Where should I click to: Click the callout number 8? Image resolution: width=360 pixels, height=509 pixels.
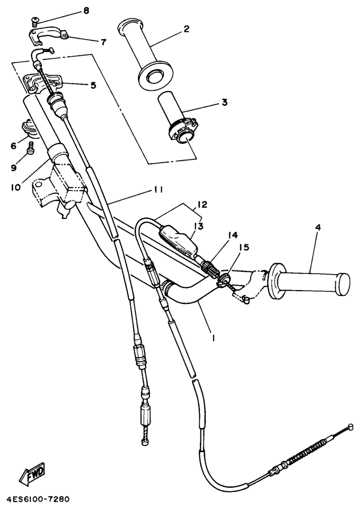coord(86,11)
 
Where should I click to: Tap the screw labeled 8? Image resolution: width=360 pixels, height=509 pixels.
coord(34,22)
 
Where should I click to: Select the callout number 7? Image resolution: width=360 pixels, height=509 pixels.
coord(103,42)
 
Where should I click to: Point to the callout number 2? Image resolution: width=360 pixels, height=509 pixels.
coord(186,29)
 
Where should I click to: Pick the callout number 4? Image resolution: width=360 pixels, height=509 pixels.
coord(318,227)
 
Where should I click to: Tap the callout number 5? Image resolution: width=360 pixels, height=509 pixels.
coord(93,85)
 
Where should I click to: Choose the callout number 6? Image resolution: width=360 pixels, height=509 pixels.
coord(13,146)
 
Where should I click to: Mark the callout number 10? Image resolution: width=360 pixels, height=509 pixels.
coord(15,187)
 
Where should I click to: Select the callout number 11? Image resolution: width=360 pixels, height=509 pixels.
coord(158,189)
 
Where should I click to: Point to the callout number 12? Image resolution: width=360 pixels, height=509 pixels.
coord(201,205)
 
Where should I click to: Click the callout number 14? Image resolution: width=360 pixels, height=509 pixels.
coord(232,234)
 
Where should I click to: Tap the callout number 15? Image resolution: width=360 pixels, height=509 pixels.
coord(244,248)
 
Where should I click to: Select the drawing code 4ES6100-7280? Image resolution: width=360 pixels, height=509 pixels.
coord(35,499)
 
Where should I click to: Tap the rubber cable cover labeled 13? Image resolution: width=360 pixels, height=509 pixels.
coord(178,241)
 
